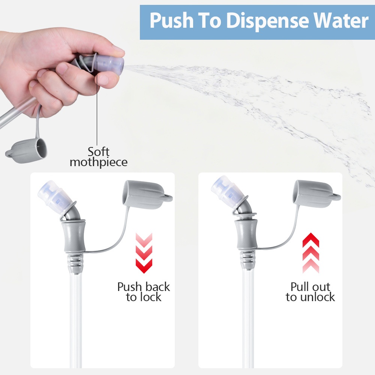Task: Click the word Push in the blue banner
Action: [171, 20]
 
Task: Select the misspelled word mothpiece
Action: [99, 162]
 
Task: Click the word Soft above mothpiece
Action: [99, 151]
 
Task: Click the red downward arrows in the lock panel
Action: [144, 253]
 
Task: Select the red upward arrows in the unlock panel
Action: [310, 253]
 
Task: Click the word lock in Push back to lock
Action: [151, 297]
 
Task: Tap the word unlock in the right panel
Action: [318, 297]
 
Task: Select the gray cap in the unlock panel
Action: [316, 194]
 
